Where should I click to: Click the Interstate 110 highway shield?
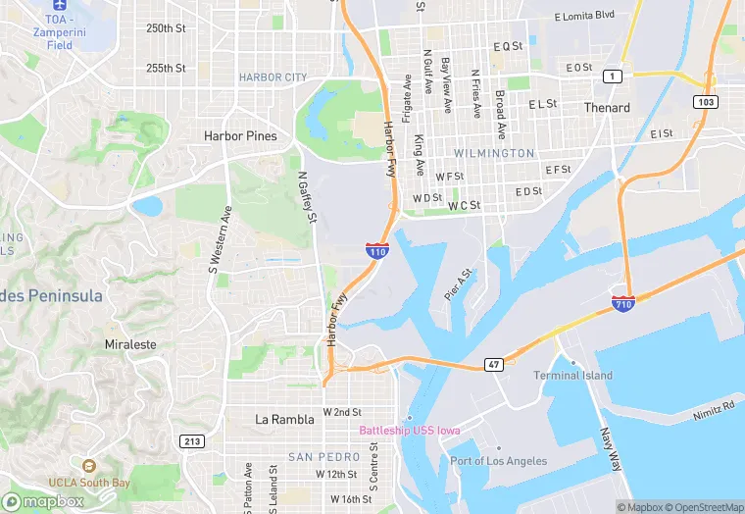click(x=377, y=250)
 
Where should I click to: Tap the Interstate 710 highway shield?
click(x=622, y=303)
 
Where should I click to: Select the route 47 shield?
click(x=493, y=364)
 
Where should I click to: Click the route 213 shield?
click(x=191, y=441)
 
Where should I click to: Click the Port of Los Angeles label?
click(x=498, y=461)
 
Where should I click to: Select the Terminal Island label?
click(x=572, y=376)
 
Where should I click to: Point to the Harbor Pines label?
click(x=240, y=136)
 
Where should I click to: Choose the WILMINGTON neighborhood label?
click(x=494, y=154)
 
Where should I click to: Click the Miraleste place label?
click(x=130, y=345)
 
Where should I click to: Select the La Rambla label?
click(x=284, y=419)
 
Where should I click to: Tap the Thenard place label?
click(x=607, y=108)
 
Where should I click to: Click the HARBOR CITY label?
click(x=273, y=77)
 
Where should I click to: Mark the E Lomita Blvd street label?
click(x=583, y=16)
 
